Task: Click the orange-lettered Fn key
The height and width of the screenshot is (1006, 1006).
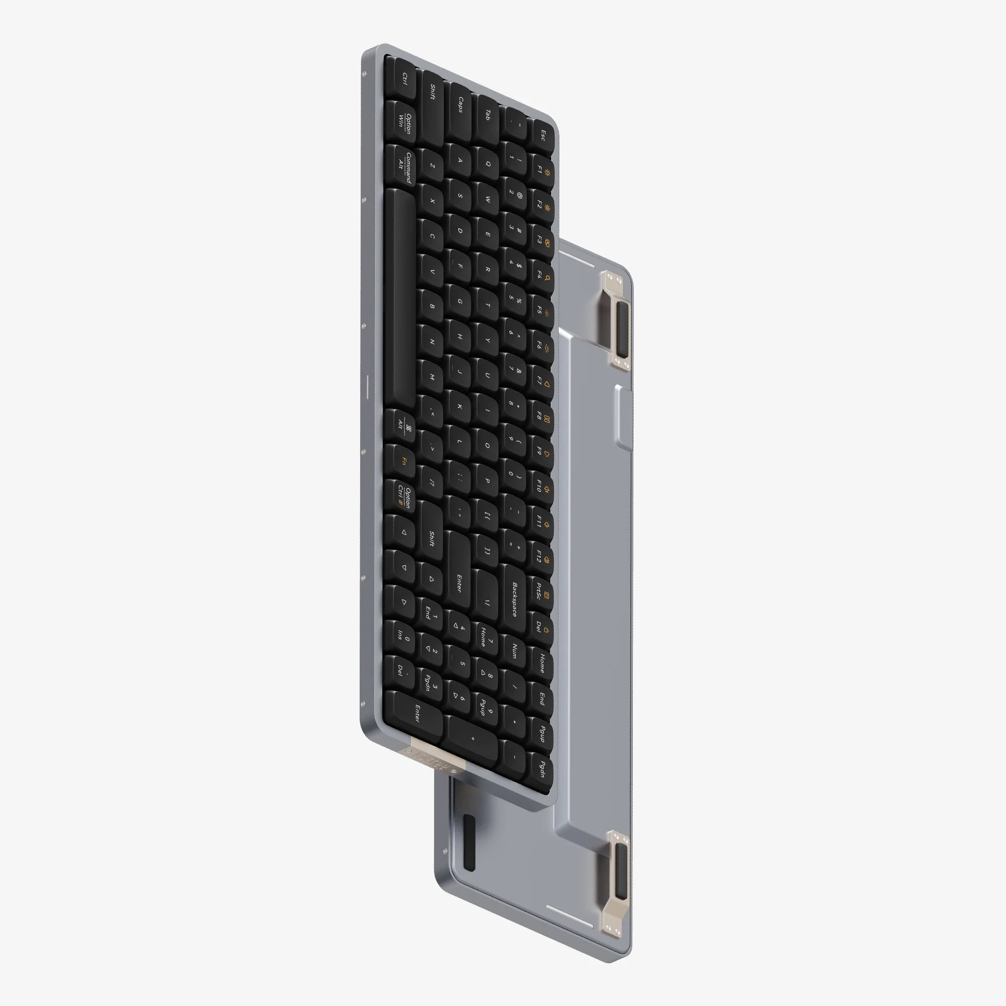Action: tap(403, 461)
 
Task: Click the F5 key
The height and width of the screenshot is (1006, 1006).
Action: tap(541, 310)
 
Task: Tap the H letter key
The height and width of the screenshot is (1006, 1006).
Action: tap(460, 337)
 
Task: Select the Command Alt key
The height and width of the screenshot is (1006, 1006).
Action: tap(403, 166)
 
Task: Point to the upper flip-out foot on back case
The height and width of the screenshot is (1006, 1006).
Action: tap(617, 320)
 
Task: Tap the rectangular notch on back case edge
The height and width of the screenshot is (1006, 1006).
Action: tap(623, 416)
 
